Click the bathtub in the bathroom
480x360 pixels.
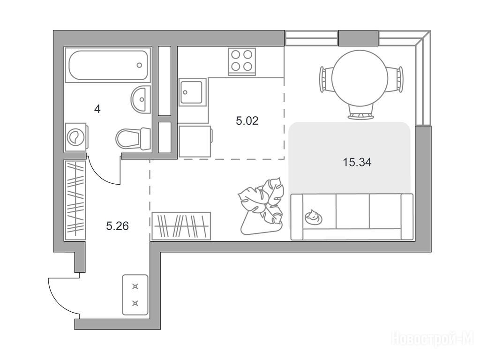point(108,65)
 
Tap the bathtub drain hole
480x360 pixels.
point(139,65)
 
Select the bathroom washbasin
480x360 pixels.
point(141,99)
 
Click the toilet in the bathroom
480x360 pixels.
point(133,139)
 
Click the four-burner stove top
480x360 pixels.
point(242,61)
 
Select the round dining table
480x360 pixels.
point(360,78)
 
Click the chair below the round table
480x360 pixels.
point(361,112)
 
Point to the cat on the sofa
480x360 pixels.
point(313,217)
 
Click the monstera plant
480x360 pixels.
point(261,206)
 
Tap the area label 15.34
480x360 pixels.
point(357,162)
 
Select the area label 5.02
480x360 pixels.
point(247,120)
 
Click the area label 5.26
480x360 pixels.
point(117,226)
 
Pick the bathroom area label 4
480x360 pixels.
point(97,109)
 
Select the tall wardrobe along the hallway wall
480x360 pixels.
point(75,200)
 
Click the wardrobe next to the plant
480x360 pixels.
point(181,226)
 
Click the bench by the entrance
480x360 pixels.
point(135,295)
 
